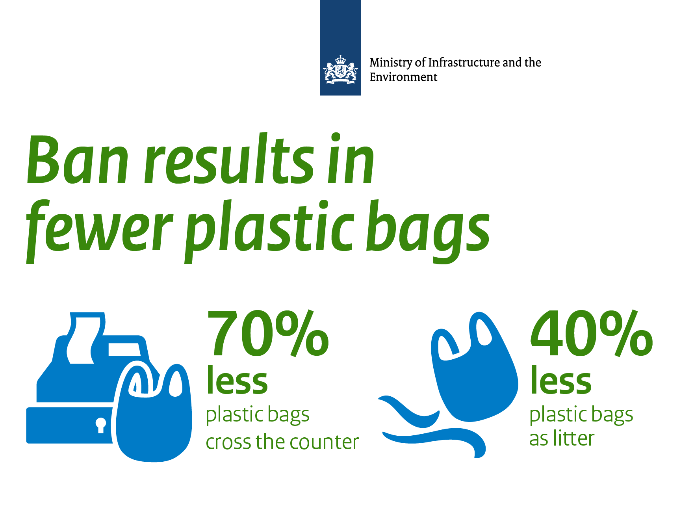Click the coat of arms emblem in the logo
click(x=340, y=70)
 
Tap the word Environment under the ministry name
click(x=403, y=77)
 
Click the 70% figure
click(x=267, y=334)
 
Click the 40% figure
click(x=591, y=334)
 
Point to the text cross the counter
click(x=282, y=442)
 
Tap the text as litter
click(x=561, y=438)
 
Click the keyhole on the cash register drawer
click(x=101, y=425)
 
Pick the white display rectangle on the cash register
click(x=124, y=349)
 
